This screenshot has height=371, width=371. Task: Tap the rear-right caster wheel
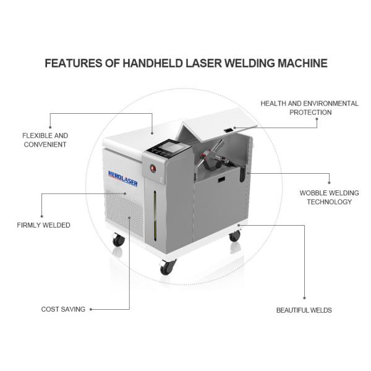pyautogui.click(x=234, y=235)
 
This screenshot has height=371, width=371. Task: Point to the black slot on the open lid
pyautogui.click(x=228, y=130)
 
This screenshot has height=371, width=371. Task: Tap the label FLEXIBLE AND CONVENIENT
pyautogui.click(x=45, y=140)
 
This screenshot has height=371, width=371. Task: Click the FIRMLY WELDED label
pyautogui.click(x=43, y=225)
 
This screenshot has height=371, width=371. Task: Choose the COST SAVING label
pyautogui.click(x=63, y=309)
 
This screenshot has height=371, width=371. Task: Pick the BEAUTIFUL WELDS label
pyautogui.click(x=304, y=310)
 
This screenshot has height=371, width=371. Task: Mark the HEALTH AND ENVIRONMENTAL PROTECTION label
pyautogui.click(x=310, y=108)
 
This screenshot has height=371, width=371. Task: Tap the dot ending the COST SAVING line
pyautogui.click(x=92, y=309)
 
